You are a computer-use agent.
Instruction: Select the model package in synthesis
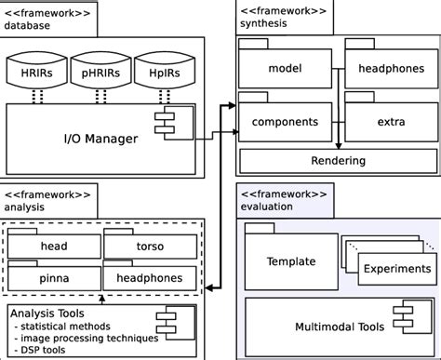(x=285, y=69)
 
